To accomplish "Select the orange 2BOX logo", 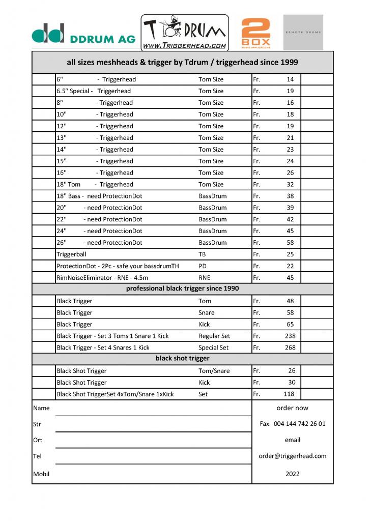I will coord(255,33).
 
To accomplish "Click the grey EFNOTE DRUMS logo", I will coord(303,32).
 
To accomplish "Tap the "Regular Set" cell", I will coord(214,336).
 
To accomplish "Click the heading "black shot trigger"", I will coord(182,359).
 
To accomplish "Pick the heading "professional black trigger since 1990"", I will coord(182,289).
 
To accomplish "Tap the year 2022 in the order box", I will coord(293,474).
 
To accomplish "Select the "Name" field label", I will coord(41,408).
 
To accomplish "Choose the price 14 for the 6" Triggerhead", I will coord(290,79).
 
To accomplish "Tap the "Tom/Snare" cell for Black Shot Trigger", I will coord(214,371).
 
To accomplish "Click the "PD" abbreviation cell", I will coord(203,266).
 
